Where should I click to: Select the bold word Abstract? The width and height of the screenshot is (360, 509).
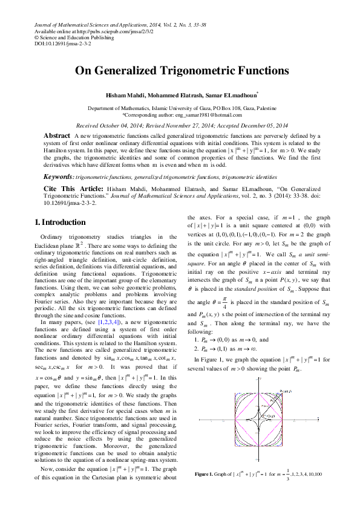click(x=57, y=136)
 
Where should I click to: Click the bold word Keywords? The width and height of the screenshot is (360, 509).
click(x=56, y=177)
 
